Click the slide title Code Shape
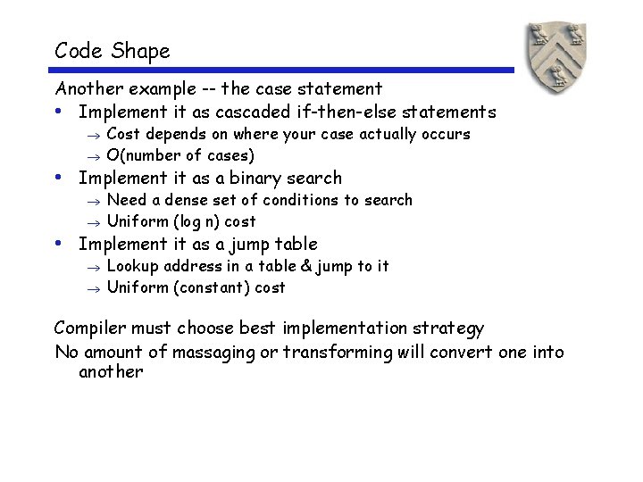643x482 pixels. tap(112, 51)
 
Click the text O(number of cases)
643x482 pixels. tap(180, 155)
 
